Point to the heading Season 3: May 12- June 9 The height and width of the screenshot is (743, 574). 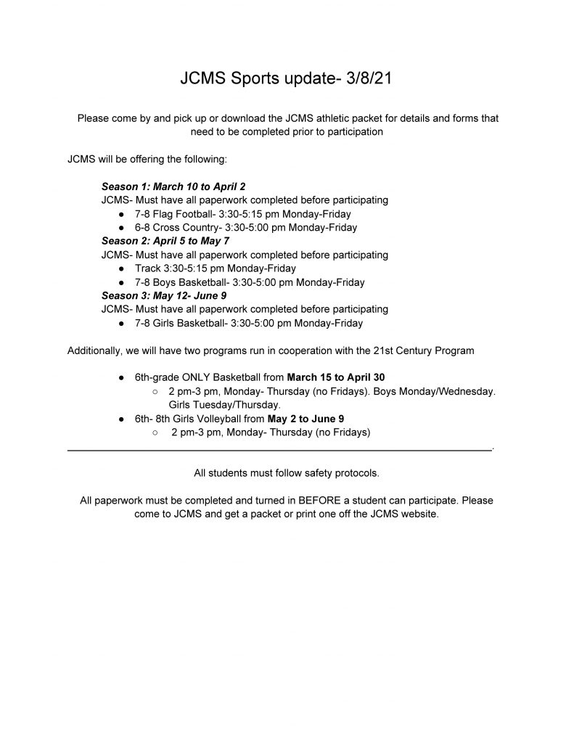[164, 296]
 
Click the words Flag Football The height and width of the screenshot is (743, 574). [184, 214]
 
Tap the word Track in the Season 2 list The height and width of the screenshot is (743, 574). [147, 268]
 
